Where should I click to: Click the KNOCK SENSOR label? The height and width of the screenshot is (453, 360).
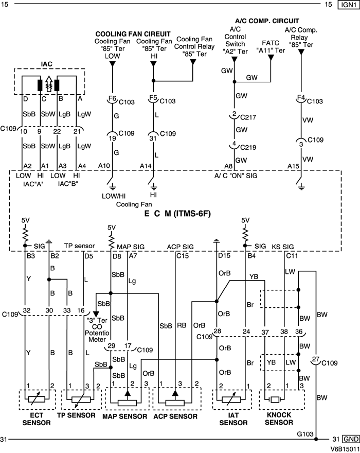[x=282, y=419]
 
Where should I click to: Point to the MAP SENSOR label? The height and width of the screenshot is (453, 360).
[x=127, y=415]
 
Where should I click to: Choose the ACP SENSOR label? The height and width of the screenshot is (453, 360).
[x=177, y=415]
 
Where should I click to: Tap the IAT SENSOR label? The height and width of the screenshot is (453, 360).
[x=230, y=419]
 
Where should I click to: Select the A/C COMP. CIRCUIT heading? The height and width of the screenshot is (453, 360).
[x=264, y=22]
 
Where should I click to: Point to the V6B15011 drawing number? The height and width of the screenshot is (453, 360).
[x=344, y=448]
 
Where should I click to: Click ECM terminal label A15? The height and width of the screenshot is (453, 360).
[x=294, y=165]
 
